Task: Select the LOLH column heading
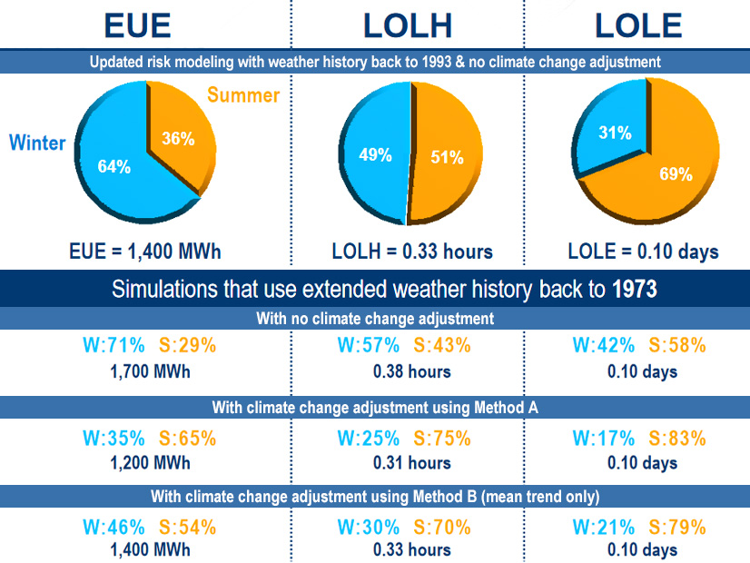click(x=408, y=25)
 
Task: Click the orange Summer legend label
click(x=244, y=94)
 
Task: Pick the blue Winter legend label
click(x=37, y=143)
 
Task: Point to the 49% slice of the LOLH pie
click(x=375, y=155)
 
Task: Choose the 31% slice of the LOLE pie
click(x=615, y=133)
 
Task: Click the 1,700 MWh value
click(x=150, y=370)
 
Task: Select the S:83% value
click(x=674, y=439)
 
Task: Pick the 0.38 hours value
click(x=411, y=370)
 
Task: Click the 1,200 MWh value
click(x=150, y=463)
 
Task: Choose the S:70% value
click(x=442, y=528)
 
